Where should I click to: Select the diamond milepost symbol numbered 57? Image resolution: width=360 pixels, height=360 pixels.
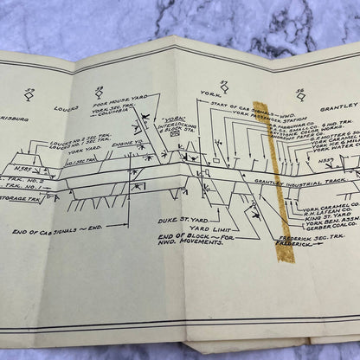(x=224, y=87)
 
